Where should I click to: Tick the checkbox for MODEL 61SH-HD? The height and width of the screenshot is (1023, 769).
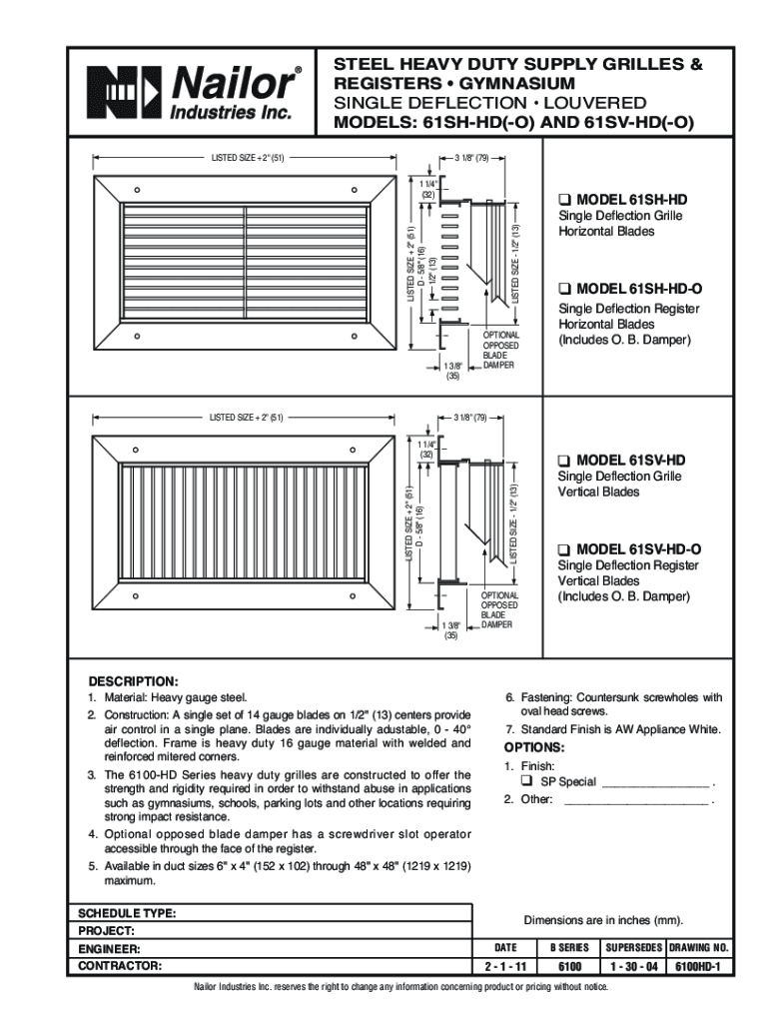(565, 200)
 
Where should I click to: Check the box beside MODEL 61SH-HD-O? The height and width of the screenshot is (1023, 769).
(565, 289)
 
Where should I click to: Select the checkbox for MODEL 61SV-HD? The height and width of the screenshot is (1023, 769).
(565, 460)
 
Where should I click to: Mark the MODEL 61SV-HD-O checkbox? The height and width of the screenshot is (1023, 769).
(565, 548)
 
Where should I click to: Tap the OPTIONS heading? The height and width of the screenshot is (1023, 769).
(534, 747)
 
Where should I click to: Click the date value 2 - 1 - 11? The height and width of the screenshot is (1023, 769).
(505, 967)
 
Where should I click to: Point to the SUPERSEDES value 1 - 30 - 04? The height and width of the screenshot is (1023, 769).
(632, 967)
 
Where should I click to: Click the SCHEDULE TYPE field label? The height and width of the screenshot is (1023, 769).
(127, 913)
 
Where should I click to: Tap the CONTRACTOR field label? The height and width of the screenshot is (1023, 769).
(120, 966)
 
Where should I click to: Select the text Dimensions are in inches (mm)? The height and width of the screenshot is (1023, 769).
(603, 920)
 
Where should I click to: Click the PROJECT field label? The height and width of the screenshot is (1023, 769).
(107, 930)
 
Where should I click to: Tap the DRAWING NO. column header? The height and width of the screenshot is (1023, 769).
(699, 947)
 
